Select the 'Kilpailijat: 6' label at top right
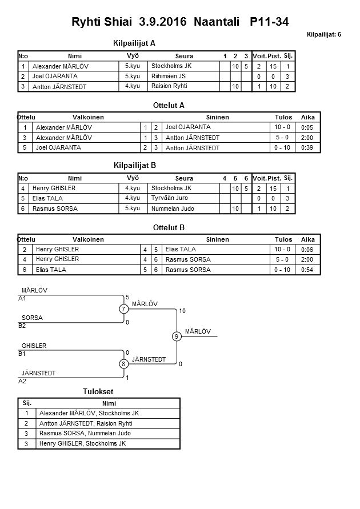tap(323, 34)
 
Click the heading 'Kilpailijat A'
tap(135, 43)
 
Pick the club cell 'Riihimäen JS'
tap(169, 76)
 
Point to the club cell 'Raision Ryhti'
tap(169, 86)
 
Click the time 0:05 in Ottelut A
tap(307, 127)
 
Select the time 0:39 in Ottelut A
tap(307, 148)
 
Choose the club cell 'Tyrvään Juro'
tap(170, 198)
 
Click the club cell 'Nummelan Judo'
tap(173, 209)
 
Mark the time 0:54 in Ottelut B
tap(307, 270)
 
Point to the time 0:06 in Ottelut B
tap(307, 249)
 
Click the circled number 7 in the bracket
tap(123, 309)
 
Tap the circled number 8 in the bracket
tap(123, 364)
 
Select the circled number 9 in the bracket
tap(177, 336)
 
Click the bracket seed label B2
tap(22, 326)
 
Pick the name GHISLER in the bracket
tap(34, 346)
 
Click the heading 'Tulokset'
tap(98, 391)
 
